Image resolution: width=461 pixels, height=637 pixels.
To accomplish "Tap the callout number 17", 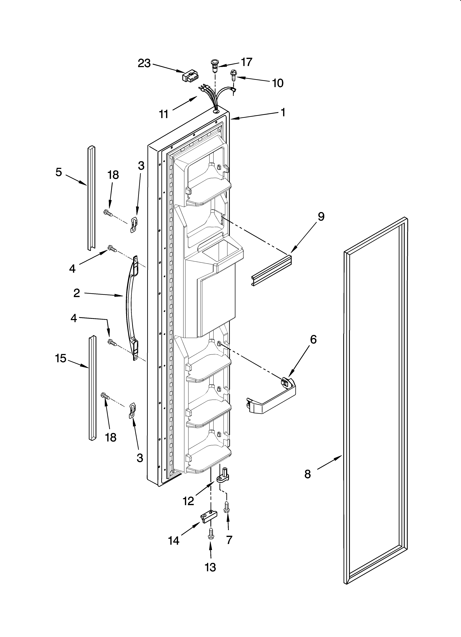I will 246,62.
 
